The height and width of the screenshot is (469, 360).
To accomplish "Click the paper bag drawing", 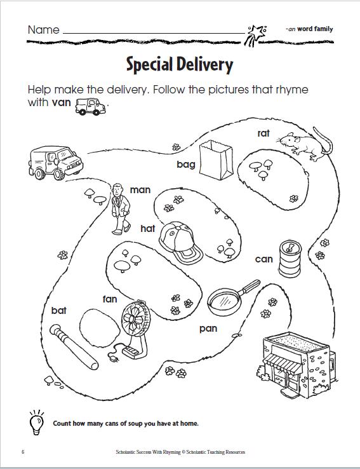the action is point(216,160).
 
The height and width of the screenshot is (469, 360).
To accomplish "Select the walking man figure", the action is point(121,209).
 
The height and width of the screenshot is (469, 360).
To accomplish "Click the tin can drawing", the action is point(290,259).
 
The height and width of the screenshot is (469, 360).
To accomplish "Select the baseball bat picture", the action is point(74,347).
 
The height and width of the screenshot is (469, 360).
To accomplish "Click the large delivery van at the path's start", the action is point(56,163).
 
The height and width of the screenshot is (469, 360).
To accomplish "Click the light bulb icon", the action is point(36,423).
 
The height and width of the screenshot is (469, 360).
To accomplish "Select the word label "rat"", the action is point(263,133).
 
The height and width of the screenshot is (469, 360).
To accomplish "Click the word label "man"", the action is point(140,190).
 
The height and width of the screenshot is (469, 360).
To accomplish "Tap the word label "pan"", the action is point(208,329).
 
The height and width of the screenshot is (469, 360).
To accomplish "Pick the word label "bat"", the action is point(58,311).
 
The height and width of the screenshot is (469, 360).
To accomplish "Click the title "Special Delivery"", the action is point(180,65).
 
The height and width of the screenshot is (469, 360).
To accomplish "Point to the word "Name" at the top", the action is point(44,30).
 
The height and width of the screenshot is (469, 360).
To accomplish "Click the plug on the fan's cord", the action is point(112,358).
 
